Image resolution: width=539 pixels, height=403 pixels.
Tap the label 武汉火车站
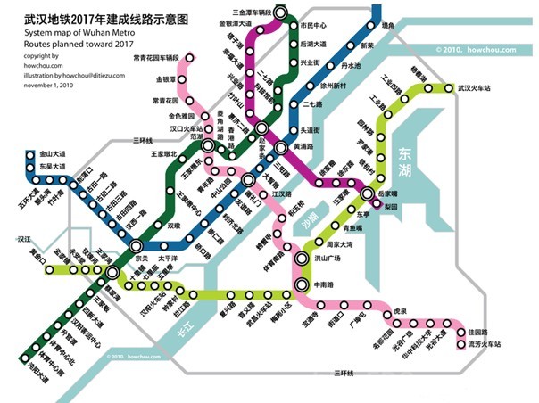pyautogui.click(x=478, y=88)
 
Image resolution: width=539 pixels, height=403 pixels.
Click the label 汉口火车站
pyautogui.click(x=167, y=128)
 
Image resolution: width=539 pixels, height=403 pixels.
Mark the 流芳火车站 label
pyautogui.click(x=485, y=344)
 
